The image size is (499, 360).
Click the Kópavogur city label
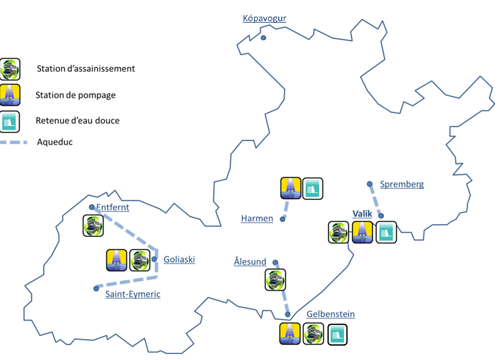[264, 18]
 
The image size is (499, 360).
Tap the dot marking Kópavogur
[263, 38]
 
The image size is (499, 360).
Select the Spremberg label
[402, 184]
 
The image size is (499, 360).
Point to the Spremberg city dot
[370, 184]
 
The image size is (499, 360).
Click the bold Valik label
[362, 214]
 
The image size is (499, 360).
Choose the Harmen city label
[257, 218]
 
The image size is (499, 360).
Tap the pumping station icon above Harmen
[291, 188]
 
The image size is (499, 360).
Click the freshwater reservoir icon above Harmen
[312, 188]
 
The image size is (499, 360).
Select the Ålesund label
[250, 261]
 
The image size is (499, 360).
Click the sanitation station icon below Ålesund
[275, 280]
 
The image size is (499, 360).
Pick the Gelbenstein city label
[330, 314]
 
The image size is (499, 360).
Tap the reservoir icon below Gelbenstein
[337, 334]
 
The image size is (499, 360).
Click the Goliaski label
[179, 259]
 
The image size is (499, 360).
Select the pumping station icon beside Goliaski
[117, 260]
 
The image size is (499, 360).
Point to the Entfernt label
[112, 207]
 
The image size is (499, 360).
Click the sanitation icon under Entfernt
[93, 225]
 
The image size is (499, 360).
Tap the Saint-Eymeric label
[133, 294]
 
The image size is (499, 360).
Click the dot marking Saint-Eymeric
[96, 289]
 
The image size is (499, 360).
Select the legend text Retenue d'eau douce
[77, 121]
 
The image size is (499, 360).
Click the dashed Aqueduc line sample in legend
[13, 142]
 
